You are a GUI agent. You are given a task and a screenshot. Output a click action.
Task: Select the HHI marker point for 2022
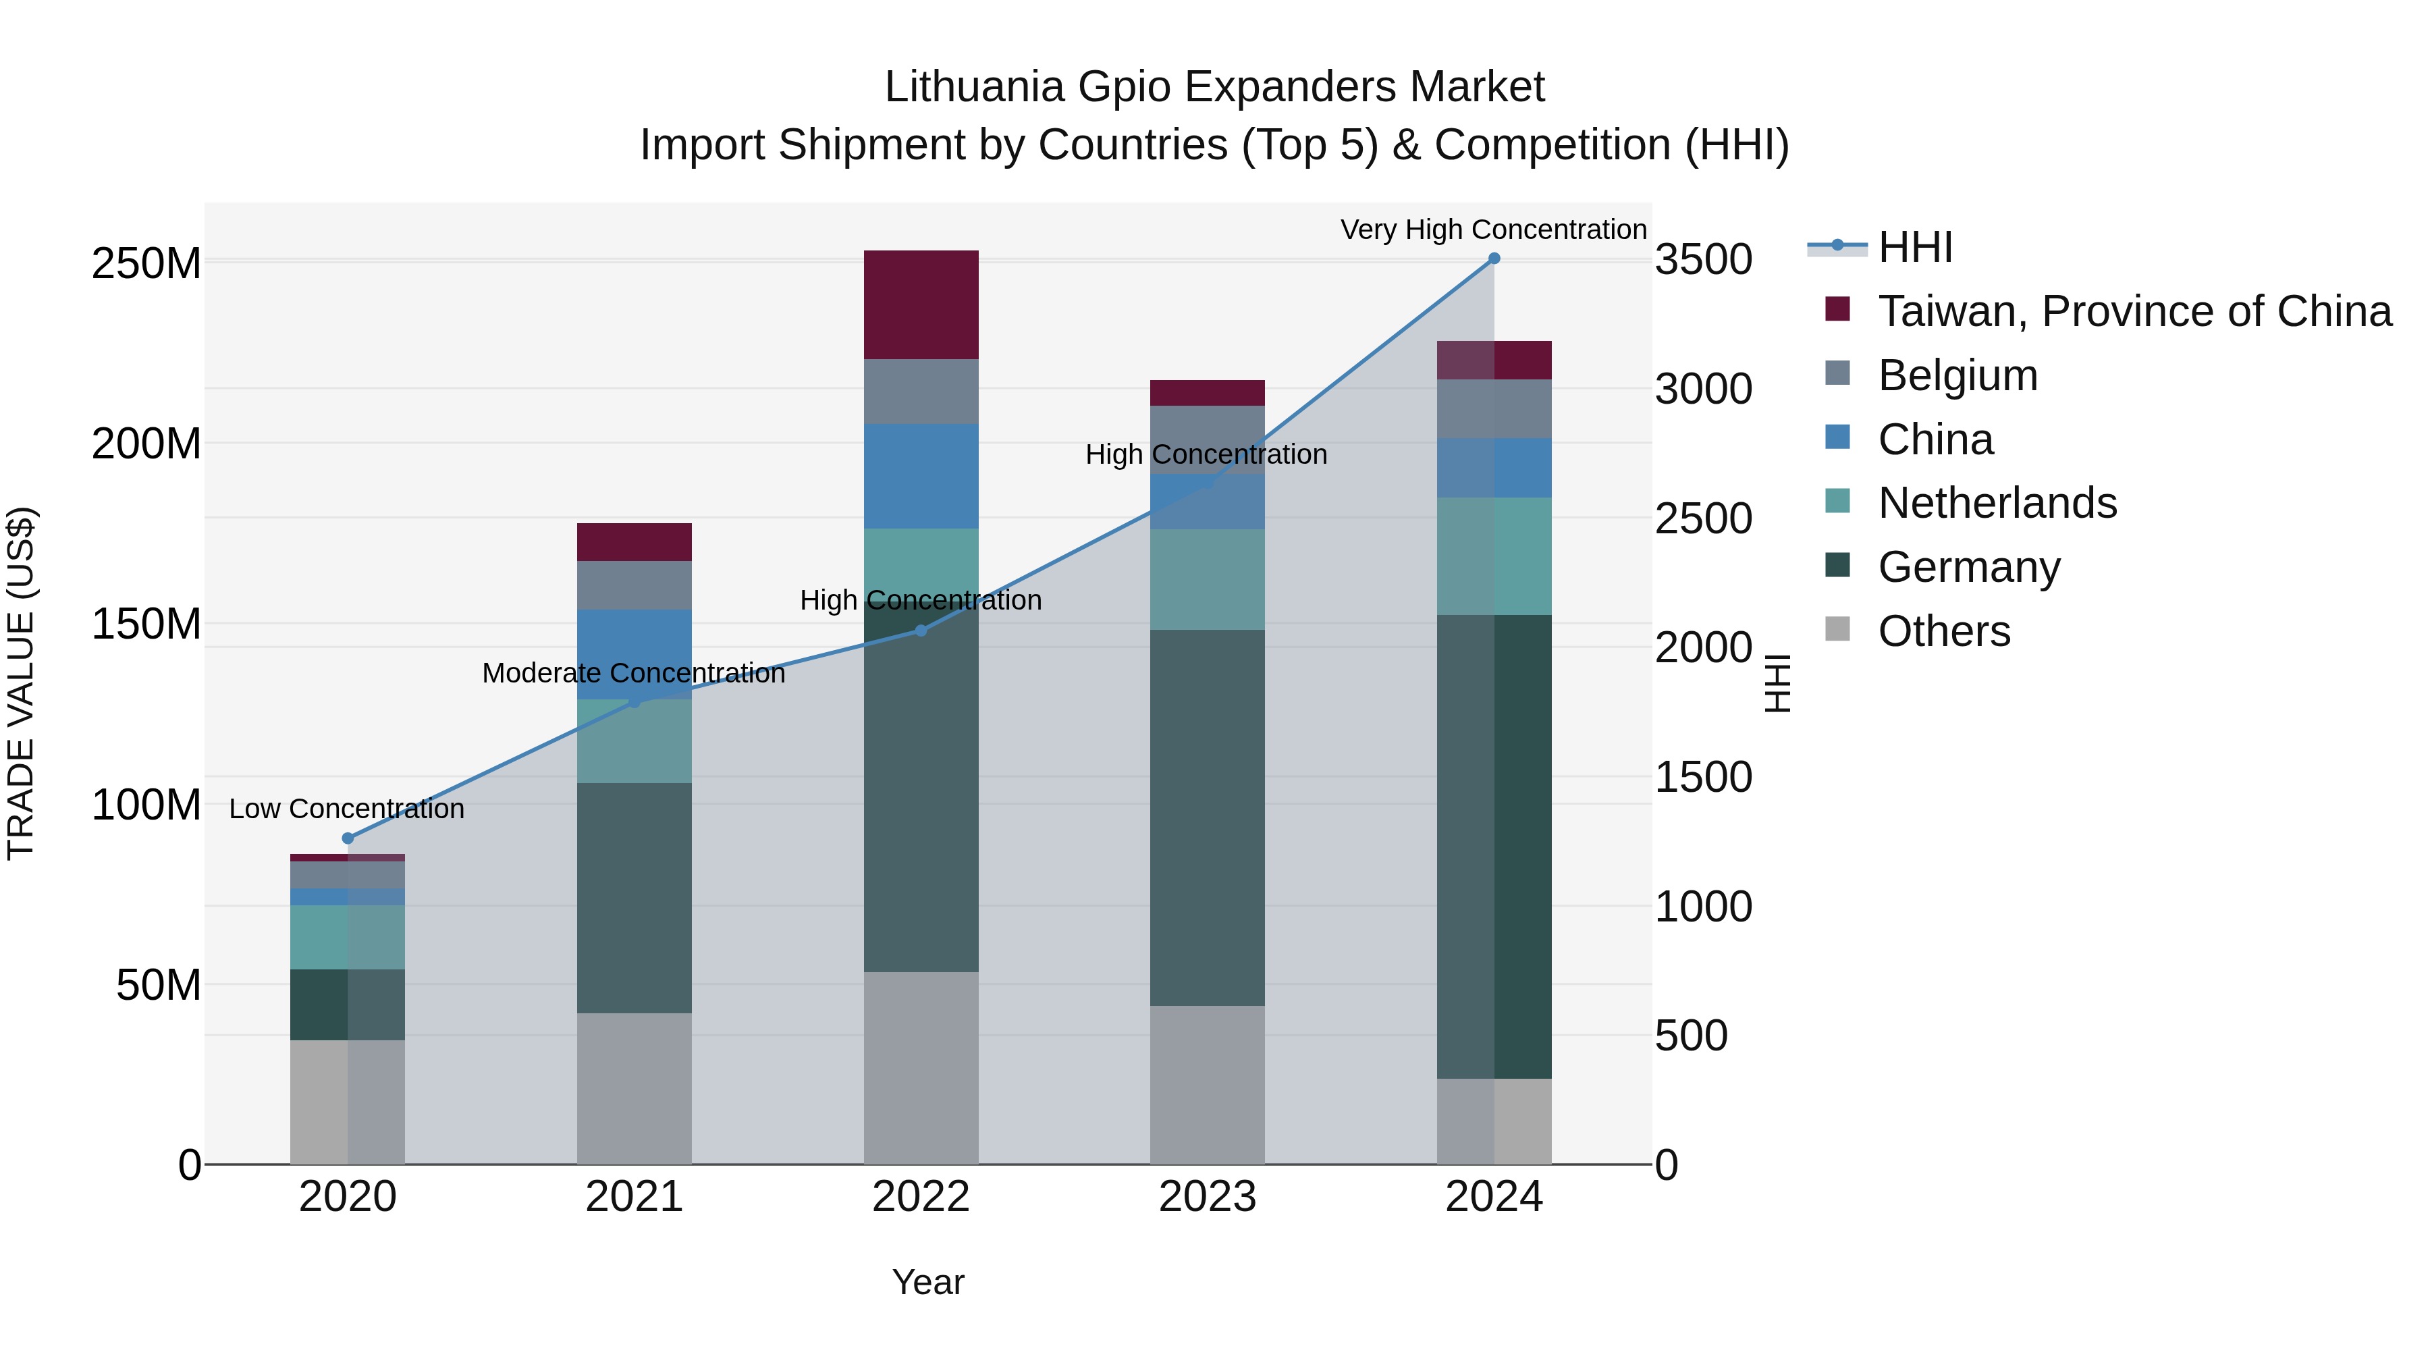tap(921, 631)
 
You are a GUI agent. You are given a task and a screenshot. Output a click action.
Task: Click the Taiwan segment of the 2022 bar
tap(921, 304)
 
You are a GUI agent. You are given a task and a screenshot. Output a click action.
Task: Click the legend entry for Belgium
tap(1958, 375)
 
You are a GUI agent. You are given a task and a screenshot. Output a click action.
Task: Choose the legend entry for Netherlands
tap(1997, 503)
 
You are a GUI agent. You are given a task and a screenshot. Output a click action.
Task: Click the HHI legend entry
tap(1914, 247)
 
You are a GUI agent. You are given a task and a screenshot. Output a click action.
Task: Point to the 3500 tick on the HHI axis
tap(1704, 259)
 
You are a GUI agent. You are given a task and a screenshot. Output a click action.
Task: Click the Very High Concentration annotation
tap(1493, 230)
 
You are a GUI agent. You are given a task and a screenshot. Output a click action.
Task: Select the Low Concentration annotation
tap(346, 809)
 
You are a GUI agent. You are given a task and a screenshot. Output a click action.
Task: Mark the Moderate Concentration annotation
tap(633, 672)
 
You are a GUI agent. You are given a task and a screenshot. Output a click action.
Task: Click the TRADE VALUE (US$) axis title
tap(21, 683)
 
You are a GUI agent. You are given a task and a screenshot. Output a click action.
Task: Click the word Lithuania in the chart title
tap(975, 87)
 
